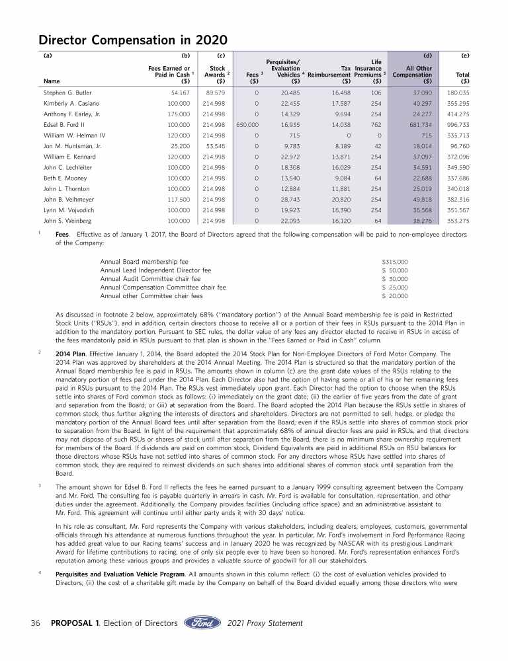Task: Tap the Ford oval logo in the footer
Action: pyautogui.click(x=202, y=623)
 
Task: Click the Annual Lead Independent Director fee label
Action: pyautogui.click(x=155, y=270)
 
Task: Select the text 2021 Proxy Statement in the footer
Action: pyautogui.click(x=265, y=623)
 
